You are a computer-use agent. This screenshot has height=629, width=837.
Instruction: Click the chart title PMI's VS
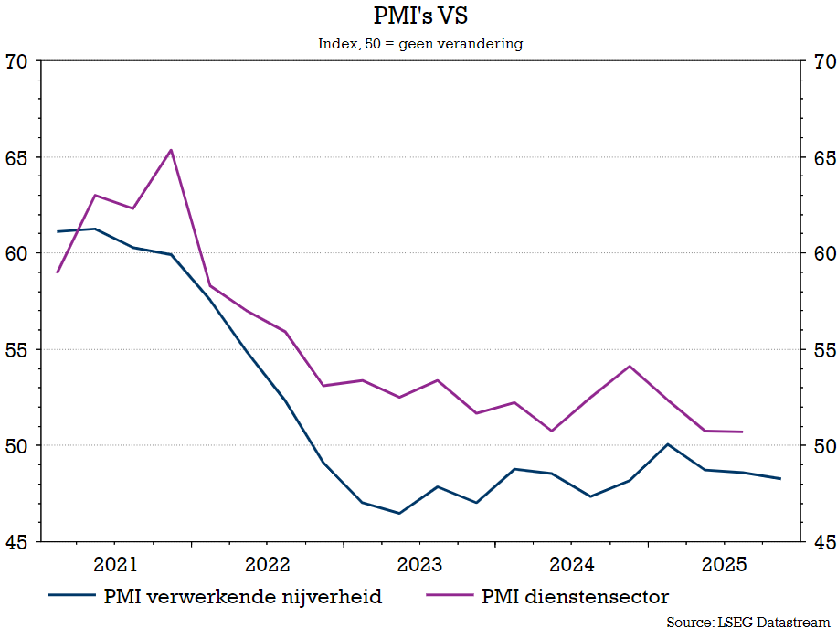pos(420,16)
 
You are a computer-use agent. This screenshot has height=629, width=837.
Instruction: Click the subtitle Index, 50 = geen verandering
pos(420,44)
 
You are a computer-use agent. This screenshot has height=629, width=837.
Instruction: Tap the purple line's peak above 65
pos(171,150)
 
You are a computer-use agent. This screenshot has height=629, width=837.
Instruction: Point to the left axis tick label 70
pos(17,62)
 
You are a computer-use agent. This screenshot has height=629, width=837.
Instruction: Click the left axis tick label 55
pos(17,350)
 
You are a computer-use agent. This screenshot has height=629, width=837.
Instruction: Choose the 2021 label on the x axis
pos(116,562)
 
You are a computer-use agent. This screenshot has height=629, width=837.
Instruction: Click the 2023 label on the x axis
pos(419,562)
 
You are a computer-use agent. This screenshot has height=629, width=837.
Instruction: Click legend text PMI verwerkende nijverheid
pos(243,597)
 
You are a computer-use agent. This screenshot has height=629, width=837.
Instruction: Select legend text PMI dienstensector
pos(575,597)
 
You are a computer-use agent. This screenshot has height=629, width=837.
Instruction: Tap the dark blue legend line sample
pos(72,597)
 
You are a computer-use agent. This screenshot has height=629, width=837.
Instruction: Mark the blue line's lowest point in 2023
pos(399,514)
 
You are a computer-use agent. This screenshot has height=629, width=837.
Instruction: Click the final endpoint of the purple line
pos(742,432)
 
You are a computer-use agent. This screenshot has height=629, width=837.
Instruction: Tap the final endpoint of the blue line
pos(780,479)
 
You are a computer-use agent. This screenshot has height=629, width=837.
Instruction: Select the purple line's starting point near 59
pos(58,272)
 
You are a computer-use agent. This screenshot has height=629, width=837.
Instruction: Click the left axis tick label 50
pos(17,446)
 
